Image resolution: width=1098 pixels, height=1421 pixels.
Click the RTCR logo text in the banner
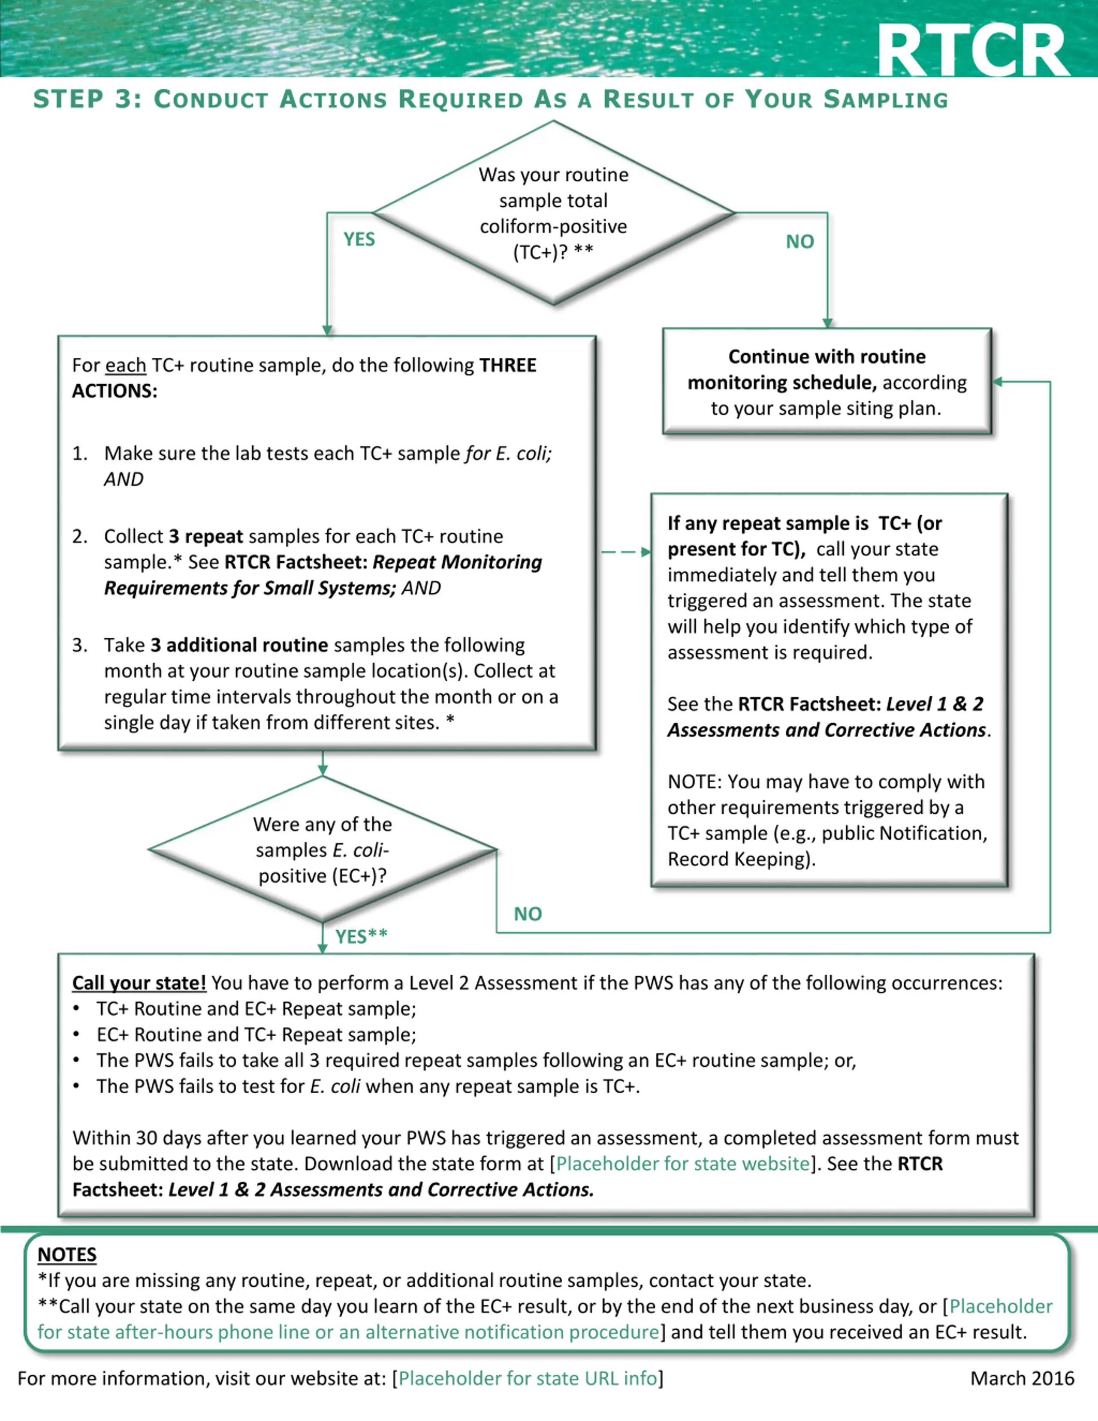click(x=973, y=51)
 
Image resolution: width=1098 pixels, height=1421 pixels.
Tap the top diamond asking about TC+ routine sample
click(x=554, y=213)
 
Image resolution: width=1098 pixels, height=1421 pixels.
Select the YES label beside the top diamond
click(x=359, y=239)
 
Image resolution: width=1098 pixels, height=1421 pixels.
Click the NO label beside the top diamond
click(x=799, y=242)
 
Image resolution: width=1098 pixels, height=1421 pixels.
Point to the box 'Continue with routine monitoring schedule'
click(x=827, y=381)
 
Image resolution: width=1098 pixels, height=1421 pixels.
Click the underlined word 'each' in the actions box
click(x=126, y=366)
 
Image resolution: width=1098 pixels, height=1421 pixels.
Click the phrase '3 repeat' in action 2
click(x=205, y=536)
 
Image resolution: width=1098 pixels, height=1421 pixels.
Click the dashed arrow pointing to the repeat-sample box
click(x=626, y=552)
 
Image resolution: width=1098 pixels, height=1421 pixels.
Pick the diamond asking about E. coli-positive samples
click(x=323, y=849)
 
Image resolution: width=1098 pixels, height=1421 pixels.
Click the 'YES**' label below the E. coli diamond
click(x=361, y=936)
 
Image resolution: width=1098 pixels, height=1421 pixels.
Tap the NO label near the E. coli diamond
click(x=528, y=914)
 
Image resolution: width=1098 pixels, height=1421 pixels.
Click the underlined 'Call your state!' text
click(x=139, y=983)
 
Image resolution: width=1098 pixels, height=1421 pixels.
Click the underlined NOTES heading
click(x=67, y=1255)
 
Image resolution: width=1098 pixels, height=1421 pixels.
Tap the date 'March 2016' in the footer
click(x=1022, y=1378)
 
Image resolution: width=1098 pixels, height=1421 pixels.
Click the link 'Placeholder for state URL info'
click(x=528, y=1378)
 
